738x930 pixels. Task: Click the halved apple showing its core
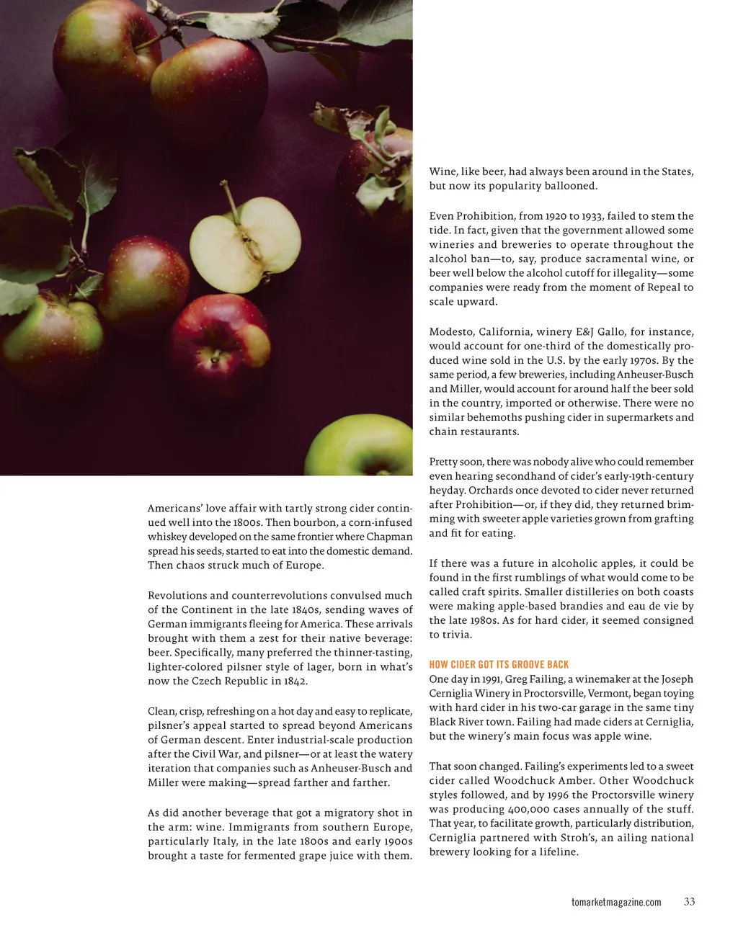[246, 245]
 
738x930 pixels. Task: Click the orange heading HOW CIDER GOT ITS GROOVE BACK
[499, 664]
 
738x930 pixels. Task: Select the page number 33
[689, 901]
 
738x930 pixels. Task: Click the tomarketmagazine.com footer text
[615, 902]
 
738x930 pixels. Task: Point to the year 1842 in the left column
[295, 681]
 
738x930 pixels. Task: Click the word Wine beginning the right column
[443, 171]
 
